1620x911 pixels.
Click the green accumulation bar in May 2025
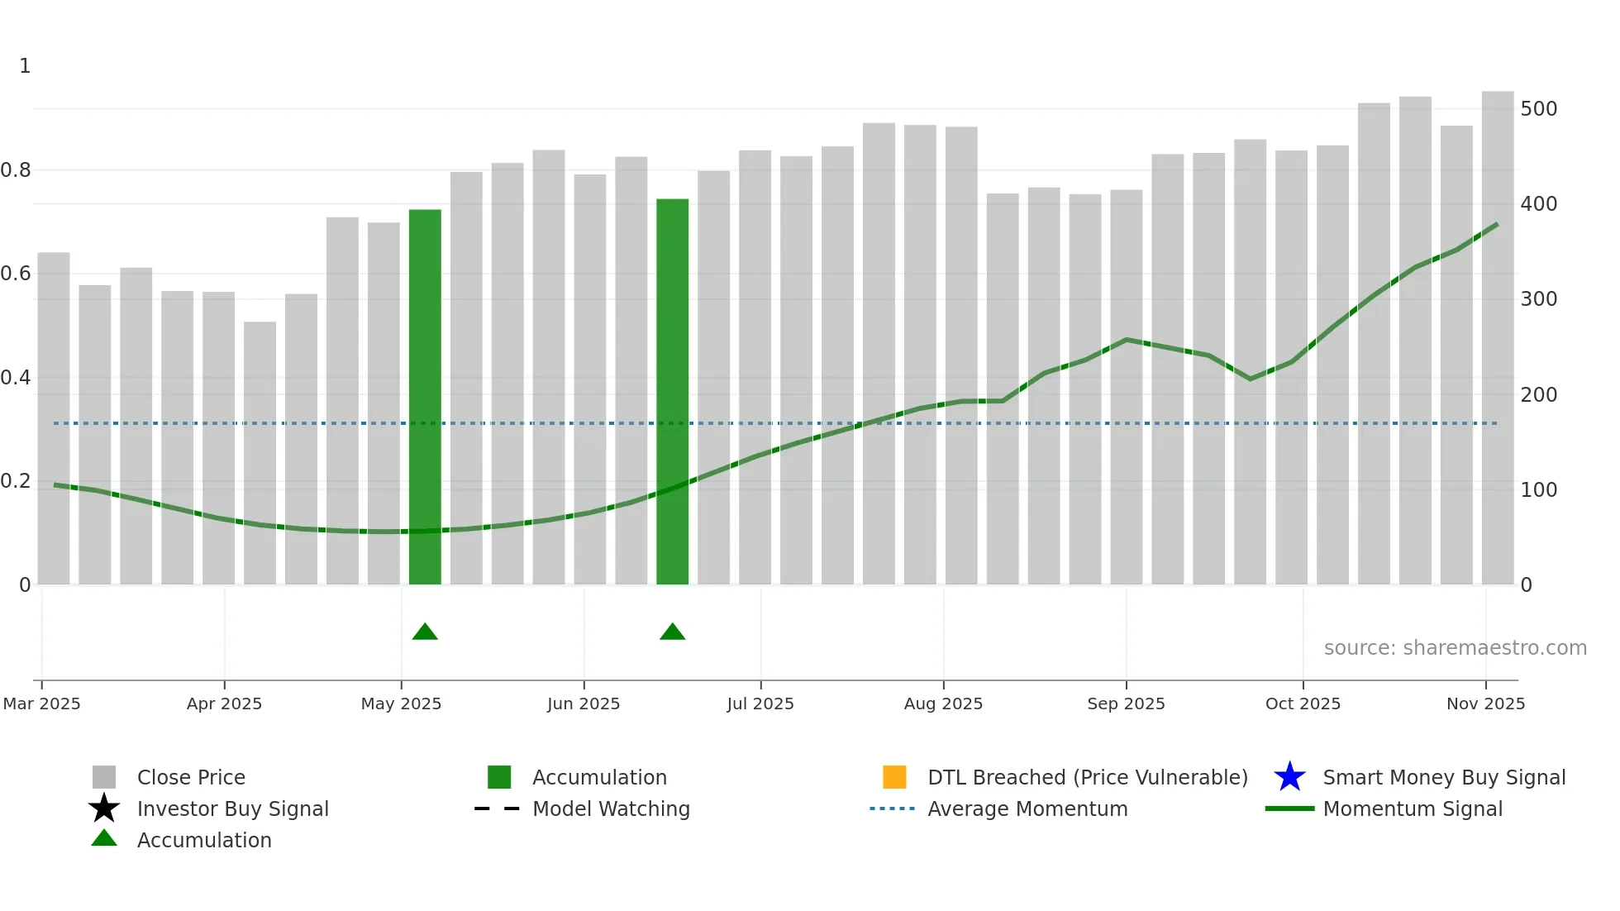click(425, 397)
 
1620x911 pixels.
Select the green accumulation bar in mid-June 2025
click(672, 392)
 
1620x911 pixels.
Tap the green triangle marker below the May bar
click(425, 632)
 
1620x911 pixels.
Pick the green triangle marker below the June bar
click(672, 632)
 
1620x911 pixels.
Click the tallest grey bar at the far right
click(1497, 339)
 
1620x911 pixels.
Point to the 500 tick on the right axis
click(1538, 109)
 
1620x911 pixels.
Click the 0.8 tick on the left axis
click(17, 170)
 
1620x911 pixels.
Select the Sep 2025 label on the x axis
click(1126, 704)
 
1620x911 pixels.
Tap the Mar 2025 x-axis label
click(42, 704)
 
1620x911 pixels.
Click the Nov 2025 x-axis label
click(1485, 704)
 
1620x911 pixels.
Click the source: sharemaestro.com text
click(1455, 648)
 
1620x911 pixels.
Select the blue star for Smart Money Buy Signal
click(1289, 777)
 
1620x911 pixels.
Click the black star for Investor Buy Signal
click(104, 808)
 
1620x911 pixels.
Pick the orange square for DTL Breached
click(894, 777)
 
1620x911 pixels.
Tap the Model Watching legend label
click(611, 808)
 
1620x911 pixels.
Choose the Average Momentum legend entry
click(1027, 808)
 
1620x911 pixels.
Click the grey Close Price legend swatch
click(104, 777)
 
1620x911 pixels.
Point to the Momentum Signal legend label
click(1413, 808)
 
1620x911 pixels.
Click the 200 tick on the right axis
click(1538, 395)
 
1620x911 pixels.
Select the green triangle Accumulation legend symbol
click(104, 839)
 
